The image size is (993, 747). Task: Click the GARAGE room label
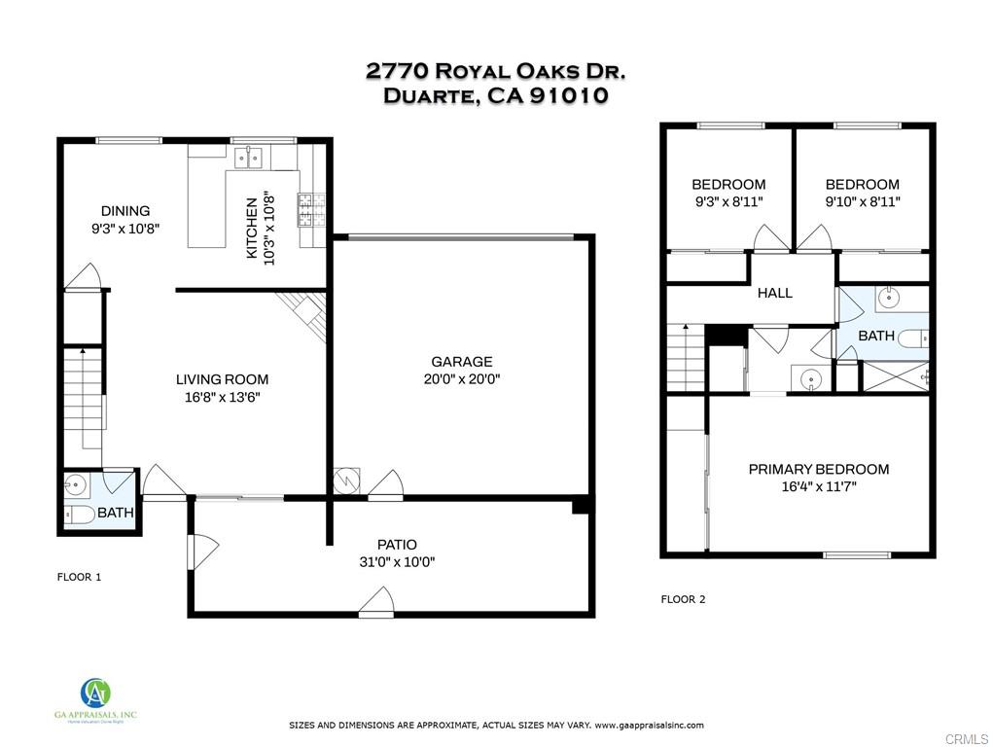[462, 362]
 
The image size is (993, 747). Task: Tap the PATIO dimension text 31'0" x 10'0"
[397, 562]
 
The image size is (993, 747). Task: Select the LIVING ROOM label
[223, 379]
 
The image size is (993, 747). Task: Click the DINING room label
[125, 211]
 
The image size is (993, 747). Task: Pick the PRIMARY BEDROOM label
[819, 470]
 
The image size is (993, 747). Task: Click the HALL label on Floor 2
[774, 293]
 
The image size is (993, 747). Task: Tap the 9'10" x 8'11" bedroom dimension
[863, 201]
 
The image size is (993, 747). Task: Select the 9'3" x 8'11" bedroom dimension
[728, 201]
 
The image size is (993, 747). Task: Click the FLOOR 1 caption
[79, 577]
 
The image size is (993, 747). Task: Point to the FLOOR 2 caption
[683, 599]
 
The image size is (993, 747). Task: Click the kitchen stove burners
[311, 210]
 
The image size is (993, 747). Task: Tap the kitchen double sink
[248, 158]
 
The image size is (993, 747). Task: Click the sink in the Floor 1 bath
[75, 485]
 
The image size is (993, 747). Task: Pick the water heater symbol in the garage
[347, 480]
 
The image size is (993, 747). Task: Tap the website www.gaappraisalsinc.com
[649, 726]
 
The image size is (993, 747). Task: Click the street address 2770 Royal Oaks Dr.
[496, 71]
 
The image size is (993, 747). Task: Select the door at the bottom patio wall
[376, 601]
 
